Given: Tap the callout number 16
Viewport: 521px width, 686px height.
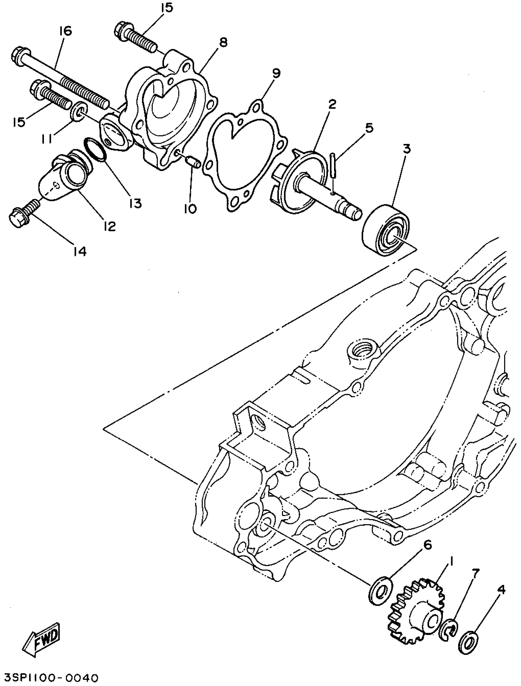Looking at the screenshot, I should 66,31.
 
